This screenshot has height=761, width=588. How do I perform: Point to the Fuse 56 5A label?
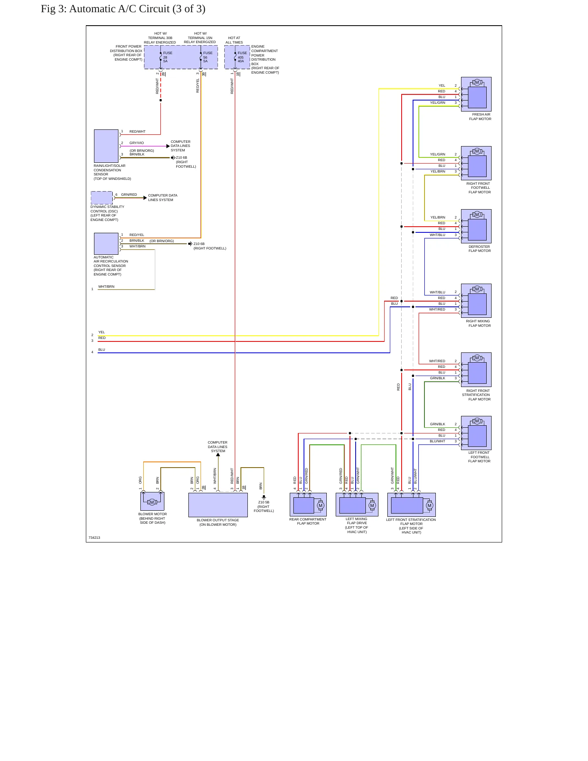point(208,57)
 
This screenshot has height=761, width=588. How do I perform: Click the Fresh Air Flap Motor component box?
point(476,94)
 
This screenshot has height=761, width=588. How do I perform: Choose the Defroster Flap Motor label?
point(479,249)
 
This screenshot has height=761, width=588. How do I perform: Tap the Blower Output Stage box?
point(218,505)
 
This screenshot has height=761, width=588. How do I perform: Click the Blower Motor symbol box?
point(152,501)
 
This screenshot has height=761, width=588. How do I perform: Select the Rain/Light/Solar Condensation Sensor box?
point(106,146)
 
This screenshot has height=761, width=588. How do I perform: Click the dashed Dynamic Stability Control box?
point(102,198)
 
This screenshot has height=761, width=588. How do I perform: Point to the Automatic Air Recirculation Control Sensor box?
point(106,244)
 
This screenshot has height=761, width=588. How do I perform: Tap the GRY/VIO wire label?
point(137,143)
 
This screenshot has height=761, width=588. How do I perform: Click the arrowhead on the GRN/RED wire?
point(145,198)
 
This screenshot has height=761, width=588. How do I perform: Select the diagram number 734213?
point(94,538)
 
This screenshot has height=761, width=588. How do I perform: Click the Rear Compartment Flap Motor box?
point(308,505)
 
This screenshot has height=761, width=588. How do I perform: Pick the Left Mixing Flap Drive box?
point(357,505)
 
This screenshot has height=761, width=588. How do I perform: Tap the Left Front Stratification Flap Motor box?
point(411,505)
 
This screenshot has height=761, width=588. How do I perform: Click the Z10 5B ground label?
point(264,507)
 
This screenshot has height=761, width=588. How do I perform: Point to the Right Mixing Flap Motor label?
point(478,324)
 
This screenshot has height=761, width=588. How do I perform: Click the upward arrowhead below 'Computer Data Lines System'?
point(218,455)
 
